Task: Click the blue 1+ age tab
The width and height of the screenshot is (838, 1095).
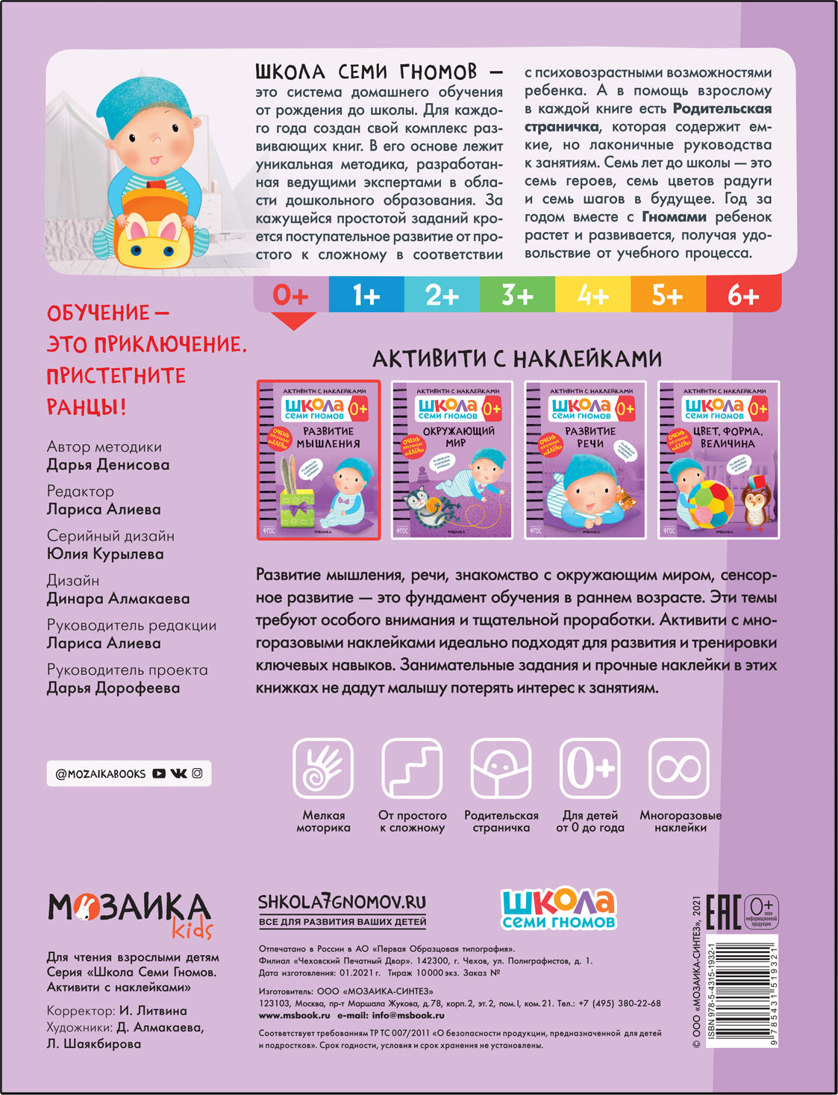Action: pyautogui.click(x=366, y=296)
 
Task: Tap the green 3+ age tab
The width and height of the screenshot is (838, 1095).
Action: pyautogui.click(x=517, y=296)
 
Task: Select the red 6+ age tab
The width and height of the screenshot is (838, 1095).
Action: pyautogui.click(x=743, y=296)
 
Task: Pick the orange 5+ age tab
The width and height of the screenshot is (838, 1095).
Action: pyautogui.click(x=667, y=296)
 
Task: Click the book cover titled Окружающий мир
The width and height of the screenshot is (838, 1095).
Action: pyautogui.click(x=452, y=460)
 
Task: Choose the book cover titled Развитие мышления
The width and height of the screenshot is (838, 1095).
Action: pyautogui.click(x=319, y=460)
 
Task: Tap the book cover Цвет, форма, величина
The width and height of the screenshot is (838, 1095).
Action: pyautogui.click(x=718, y=460)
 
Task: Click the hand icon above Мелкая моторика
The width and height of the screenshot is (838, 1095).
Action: pyautogui.click(x=323, y=769)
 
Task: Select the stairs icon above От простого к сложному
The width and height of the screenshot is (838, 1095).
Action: pyautogui.click(x=412, y=769)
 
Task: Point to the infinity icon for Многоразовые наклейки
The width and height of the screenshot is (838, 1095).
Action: pyautogui.click(x=679, y=769)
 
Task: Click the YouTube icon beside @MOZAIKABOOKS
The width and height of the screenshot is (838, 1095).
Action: pyautogui.click(x=159, y=774)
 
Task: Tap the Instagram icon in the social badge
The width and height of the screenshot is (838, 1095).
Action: pyautogui.click(x=197, y=774)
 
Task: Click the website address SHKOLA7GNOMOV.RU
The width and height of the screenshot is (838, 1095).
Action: pyautogui.click(x=342, y=902)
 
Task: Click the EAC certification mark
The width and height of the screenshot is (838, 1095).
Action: pyautogui.click(x=722, y=912)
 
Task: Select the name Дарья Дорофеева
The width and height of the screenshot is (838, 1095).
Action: pyautogui.click(x=113, y=688)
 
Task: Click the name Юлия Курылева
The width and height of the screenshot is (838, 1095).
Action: pyautogui.click(x=105, y=554)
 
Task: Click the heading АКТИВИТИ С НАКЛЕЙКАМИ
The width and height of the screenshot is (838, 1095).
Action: pyautogui.click(x=517, y=359)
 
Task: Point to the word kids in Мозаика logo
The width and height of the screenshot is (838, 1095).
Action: pyautogui.click(x=193, y=929)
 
